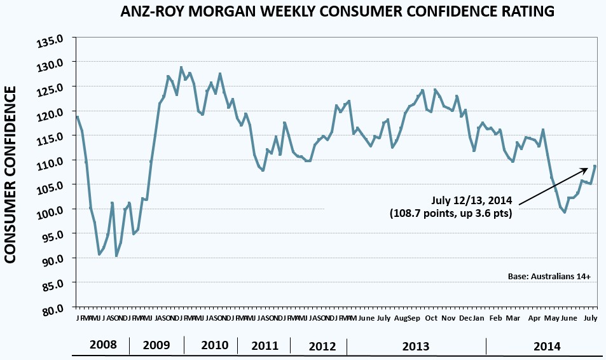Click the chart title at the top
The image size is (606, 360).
[338, 11]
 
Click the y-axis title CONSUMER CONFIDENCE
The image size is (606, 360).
[13, 175]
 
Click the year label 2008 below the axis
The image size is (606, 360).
[102, 346]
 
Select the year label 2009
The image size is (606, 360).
[156, 346]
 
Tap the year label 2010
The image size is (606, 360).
[214, 346]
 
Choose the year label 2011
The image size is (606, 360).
[265, 346]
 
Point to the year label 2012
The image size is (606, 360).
[322, 346]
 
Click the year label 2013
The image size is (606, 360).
[416, 346]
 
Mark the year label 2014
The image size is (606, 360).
[547, 346]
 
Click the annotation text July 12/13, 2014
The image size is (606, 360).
[472, 201]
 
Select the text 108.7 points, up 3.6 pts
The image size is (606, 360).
[451, 214]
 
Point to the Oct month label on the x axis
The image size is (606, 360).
[432, 317]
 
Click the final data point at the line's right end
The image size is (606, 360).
[595, 166]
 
